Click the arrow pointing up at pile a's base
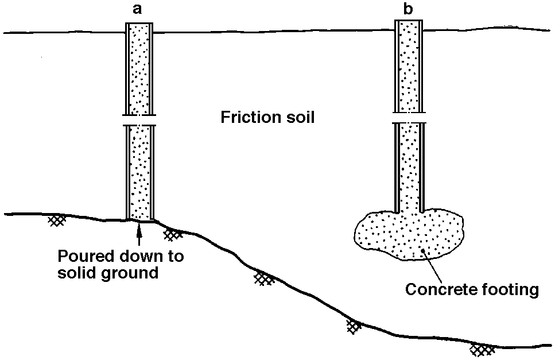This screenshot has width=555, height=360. click(138, 233)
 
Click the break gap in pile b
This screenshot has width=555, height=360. click(410, 117)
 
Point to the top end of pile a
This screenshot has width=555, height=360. click(139, 25)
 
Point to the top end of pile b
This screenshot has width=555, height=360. click(410, 21)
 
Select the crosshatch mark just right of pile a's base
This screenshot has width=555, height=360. click(173, 234)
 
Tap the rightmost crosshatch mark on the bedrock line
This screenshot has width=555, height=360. click(482, 349)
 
